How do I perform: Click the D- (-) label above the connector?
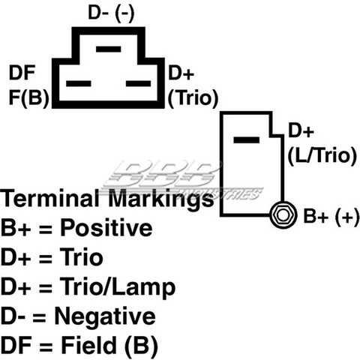[x=111, y=13]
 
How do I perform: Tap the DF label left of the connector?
[x=22, y=73]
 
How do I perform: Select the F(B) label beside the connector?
[x=28, y=97]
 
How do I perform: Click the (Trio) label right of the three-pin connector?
[x=193, y=98]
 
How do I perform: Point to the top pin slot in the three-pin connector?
[x=109, y=49]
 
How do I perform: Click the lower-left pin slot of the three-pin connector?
[x=79, y=83]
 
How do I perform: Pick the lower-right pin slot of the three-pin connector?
[x=139, y=83]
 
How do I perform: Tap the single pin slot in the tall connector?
[x=246, y=140]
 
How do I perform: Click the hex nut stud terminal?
[x=283, y=215]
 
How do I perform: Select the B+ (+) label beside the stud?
[x=331, y=217]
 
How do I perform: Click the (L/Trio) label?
[x=322, y=156]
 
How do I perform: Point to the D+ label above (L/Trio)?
[x=301, y=130]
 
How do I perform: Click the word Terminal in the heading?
[x=49, y=198]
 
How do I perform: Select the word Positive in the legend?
[x=106, y=228]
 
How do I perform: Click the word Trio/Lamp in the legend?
[x=118, y=287]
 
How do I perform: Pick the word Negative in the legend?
[x=105, y=317]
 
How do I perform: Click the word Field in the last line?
[x=89, y=345]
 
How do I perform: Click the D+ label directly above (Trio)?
[x=181, y=73]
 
